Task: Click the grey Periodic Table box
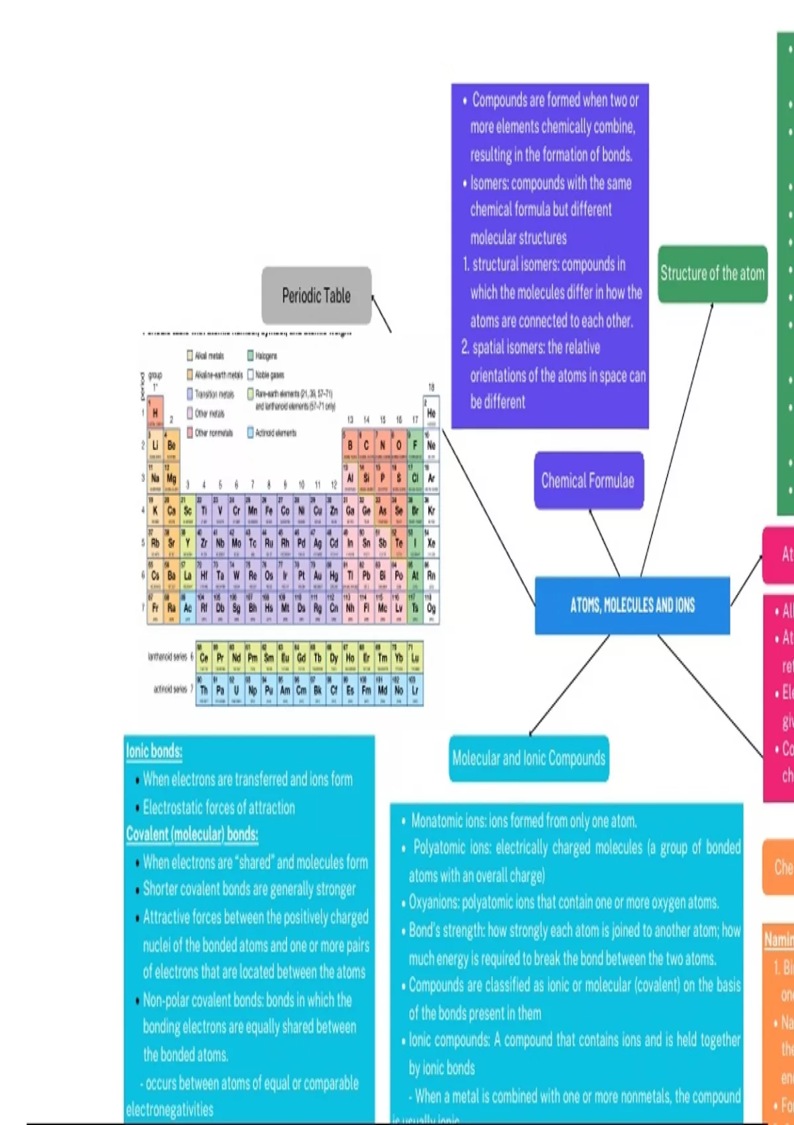(x=316, y=296)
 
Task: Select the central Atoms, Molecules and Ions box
(x=632, y=605)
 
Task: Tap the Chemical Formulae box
(x=588, y=480)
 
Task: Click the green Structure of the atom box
(x=713, y=274)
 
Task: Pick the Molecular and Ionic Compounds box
(x=529, y=758)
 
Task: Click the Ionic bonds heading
(x=154, y=751)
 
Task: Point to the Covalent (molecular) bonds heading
(x=192, y=834)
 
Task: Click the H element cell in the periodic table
(x=155, y=413)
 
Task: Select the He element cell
(x=431, y=413)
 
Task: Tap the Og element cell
(x=431, y=608)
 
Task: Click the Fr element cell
(x=155, y=608)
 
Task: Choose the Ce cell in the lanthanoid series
(x=204, y=658)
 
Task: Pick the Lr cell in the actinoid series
(x=415, y=690)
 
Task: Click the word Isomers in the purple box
(x=489, y=183)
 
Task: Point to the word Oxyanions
(x=433, y=903)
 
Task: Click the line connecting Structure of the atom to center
(x=677, y=440)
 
